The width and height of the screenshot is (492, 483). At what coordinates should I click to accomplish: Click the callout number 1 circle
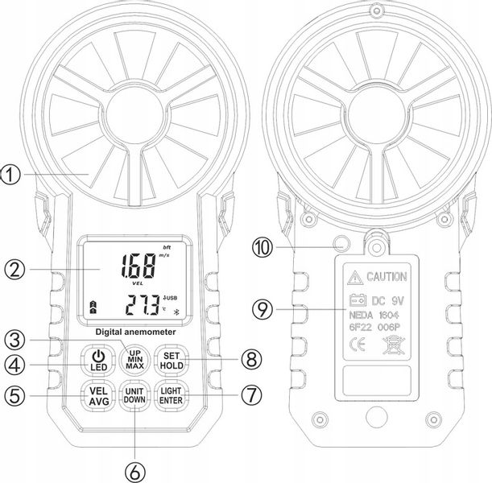tap(12, 171)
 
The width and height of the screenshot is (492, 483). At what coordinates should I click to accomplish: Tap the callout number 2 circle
tap(12, 269)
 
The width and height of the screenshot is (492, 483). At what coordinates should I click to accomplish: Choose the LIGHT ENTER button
tap(170, 394)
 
